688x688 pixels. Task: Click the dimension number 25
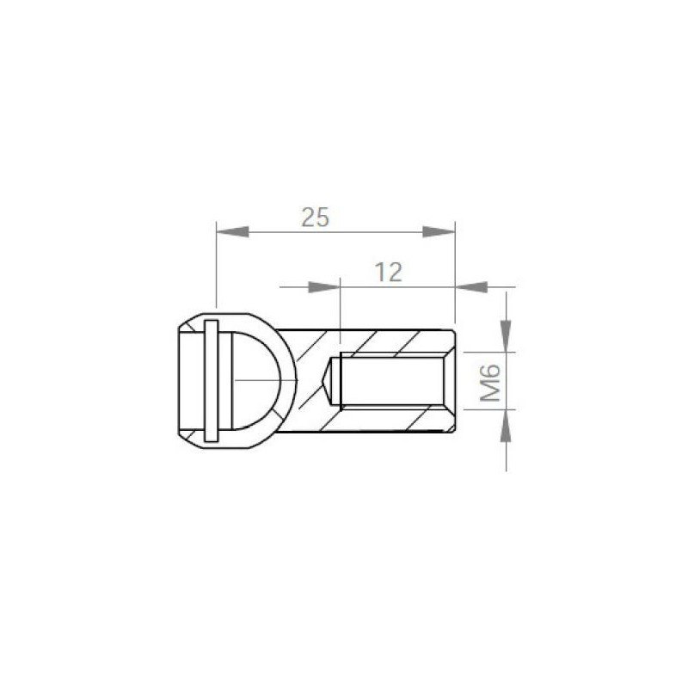[x=315, y=218]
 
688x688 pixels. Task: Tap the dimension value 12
[x=389, y=273]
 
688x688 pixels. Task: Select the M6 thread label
[x=490, y=382]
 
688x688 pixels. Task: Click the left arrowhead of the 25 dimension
[x=232, y=231]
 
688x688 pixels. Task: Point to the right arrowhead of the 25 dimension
[x=439, y=231]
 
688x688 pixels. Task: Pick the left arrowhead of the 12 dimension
[x=324, y=287]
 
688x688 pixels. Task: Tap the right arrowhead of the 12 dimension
[x=471, y=287]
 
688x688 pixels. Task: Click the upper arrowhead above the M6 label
[x=507, y=336]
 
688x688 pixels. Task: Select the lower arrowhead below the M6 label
[x=507, y=426]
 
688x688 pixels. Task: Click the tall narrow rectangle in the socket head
[x=211, y=381]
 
